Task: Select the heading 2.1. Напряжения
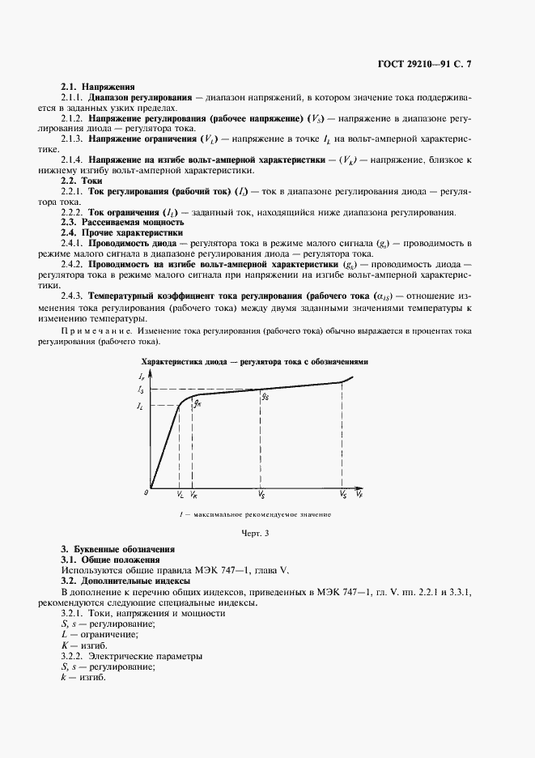[x=92, y=87]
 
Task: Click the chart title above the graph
[x=255, y=361]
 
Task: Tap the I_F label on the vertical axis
[x=143, y=377]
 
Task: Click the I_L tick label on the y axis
[x=142, y=404]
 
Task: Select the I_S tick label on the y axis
[x=142, y=390]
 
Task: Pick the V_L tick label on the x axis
[x=180, y=493]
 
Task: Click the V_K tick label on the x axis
[x=193, y=493]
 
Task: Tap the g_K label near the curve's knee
[x=197, y=402]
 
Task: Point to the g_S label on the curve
[x=265, y=398]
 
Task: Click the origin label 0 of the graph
[x=147, y=492]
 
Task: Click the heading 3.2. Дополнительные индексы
[x=125, y=581]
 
